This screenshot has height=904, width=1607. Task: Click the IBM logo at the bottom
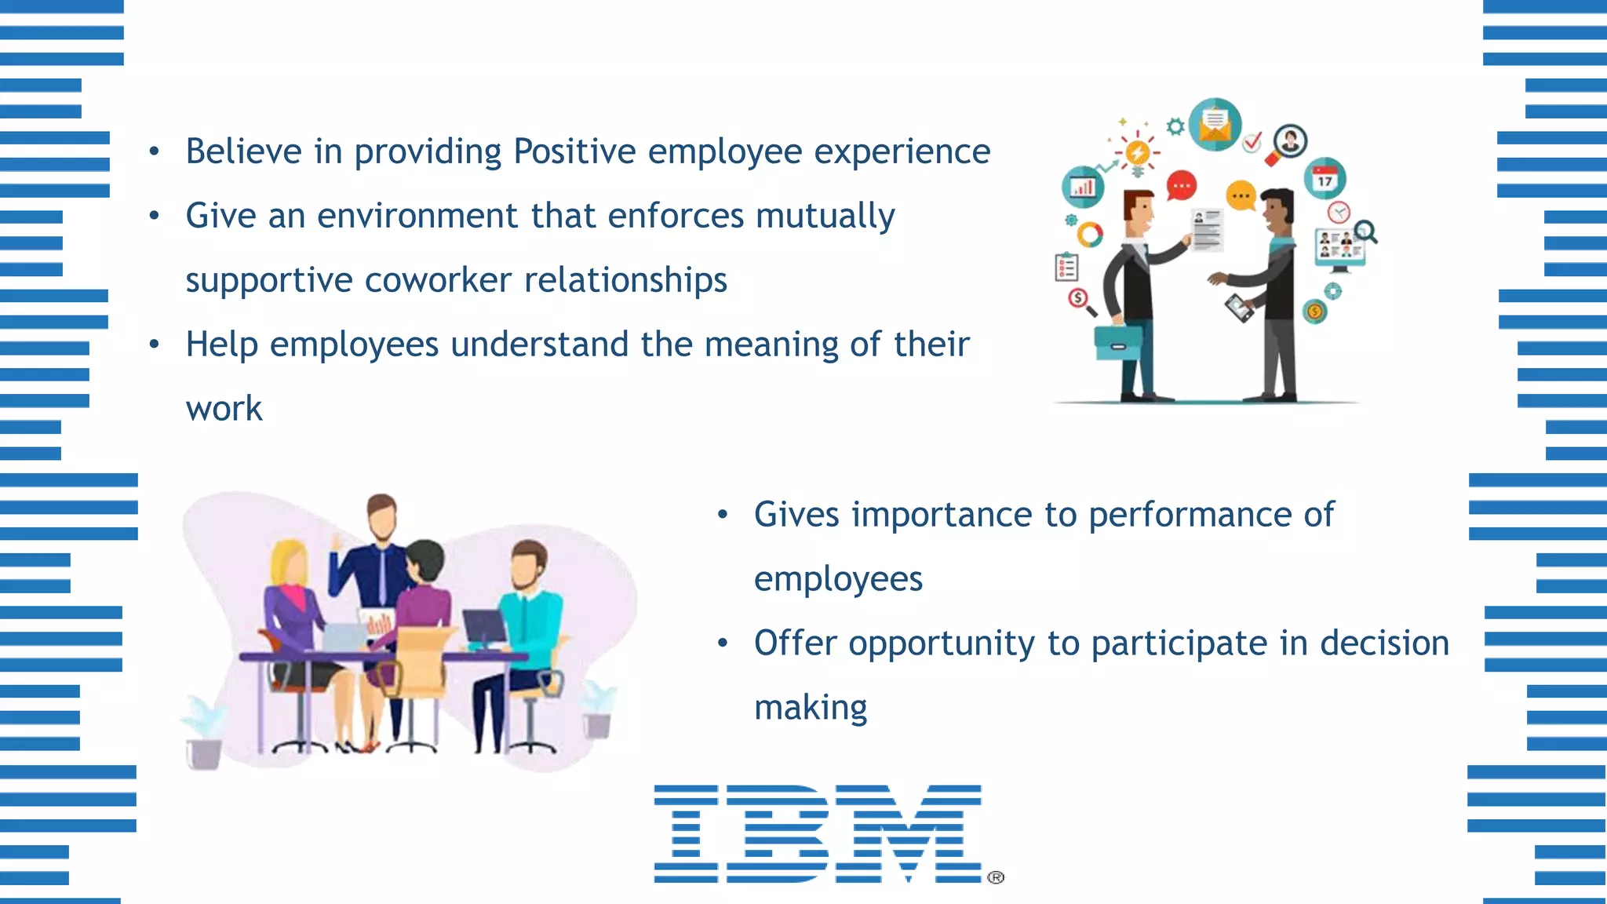click(x=818, y=833)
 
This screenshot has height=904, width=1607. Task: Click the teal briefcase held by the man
click(x=1118, y=342)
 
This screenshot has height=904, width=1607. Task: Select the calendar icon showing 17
click(x=1325, y=179)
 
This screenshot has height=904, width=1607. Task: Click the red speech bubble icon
click(x=1181, y=186)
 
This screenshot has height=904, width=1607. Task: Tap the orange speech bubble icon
click(x=1241, y=195)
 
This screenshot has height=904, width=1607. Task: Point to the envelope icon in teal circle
click(x=1215, y=124)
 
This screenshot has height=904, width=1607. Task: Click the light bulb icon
click(x=1137, y=153)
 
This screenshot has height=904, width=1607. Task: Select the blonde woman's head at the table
click(x=287, y=561)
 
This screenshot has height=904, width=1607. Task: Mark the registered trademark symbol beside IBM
click(x=996, y=877)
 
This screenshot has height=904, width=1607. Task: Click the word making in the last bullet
click(x=811, y=708)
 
